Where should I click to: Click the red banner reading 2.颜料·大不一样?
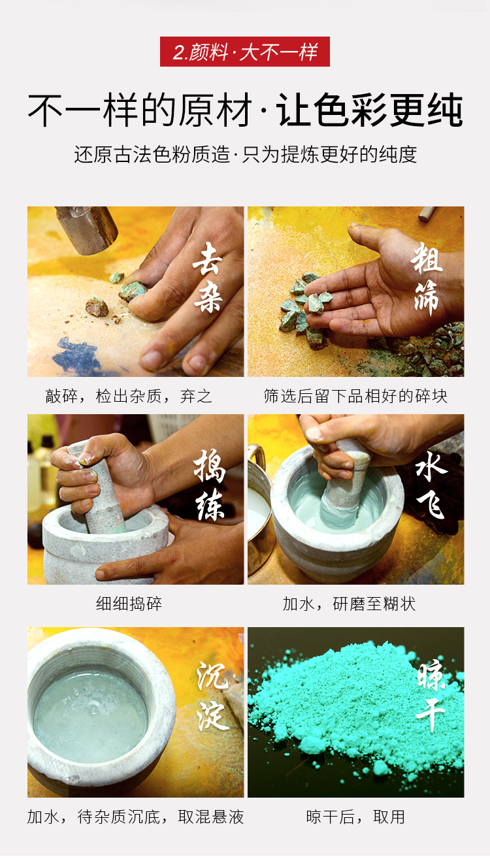245,52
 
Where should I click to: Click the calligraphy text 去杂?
208,277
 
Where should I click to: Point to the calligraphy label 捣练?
210,485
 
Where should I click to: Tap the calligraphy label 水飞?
431,485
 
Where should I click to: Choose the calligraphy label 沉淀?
212,696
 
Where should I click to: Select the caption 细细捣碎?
129,604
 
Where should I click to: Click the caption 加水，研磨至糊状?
349,604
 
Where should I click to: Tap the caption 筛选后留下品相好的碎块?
355,396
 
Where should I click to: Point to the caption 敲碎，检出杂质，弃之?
129,396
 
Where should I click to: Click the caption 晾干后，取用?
355,817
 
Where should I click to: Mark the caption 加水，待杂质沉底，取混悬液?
135,817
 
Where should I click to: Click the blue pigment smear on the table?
76,355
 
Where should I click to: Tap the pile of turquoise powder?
355,711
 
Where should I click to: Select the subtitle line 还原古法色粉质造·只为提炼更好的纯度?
245,155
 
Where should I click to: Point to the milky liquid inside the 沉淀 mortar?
91,717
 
